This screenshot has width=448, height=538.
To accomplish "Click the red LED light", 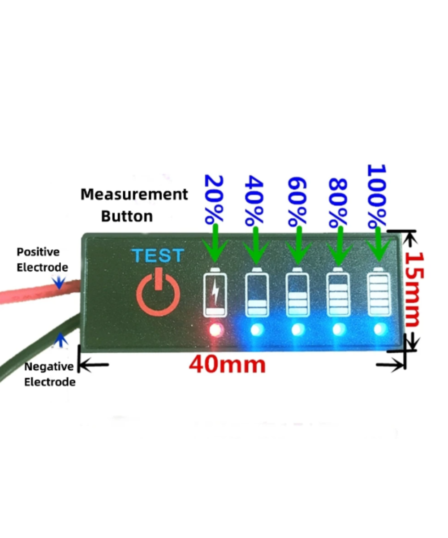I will (x=216, y=330).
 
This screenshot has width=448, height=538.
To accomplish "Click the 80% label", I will (x=338, y=202).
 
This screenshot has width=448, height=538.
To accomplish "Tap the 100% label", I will (x=376, y=196).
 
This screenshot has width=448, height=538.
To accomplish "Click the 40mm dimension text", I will (x=227, y=364).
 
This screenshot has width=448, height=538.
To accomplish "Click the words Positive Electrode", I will (x=42, y=260).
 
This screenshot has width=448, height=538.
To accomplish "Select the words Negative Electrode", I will (x=49, y=374).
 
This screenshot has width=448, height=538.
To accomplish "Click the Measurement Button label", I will (x=134, y=205).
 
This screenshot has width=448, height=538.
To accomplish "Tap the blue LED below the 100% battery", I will (x=380, y=330).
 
